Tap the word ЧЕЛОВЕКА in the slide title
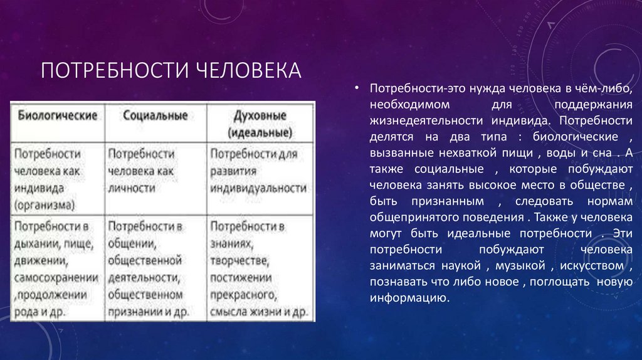[x=248, y=70]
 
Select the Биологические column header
[x=57, y=116]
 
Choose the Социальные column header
[x=155, y=116]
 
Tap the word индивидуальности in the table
[x=259, y=188]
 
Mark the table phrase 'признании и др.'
[x=146, y=311]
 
